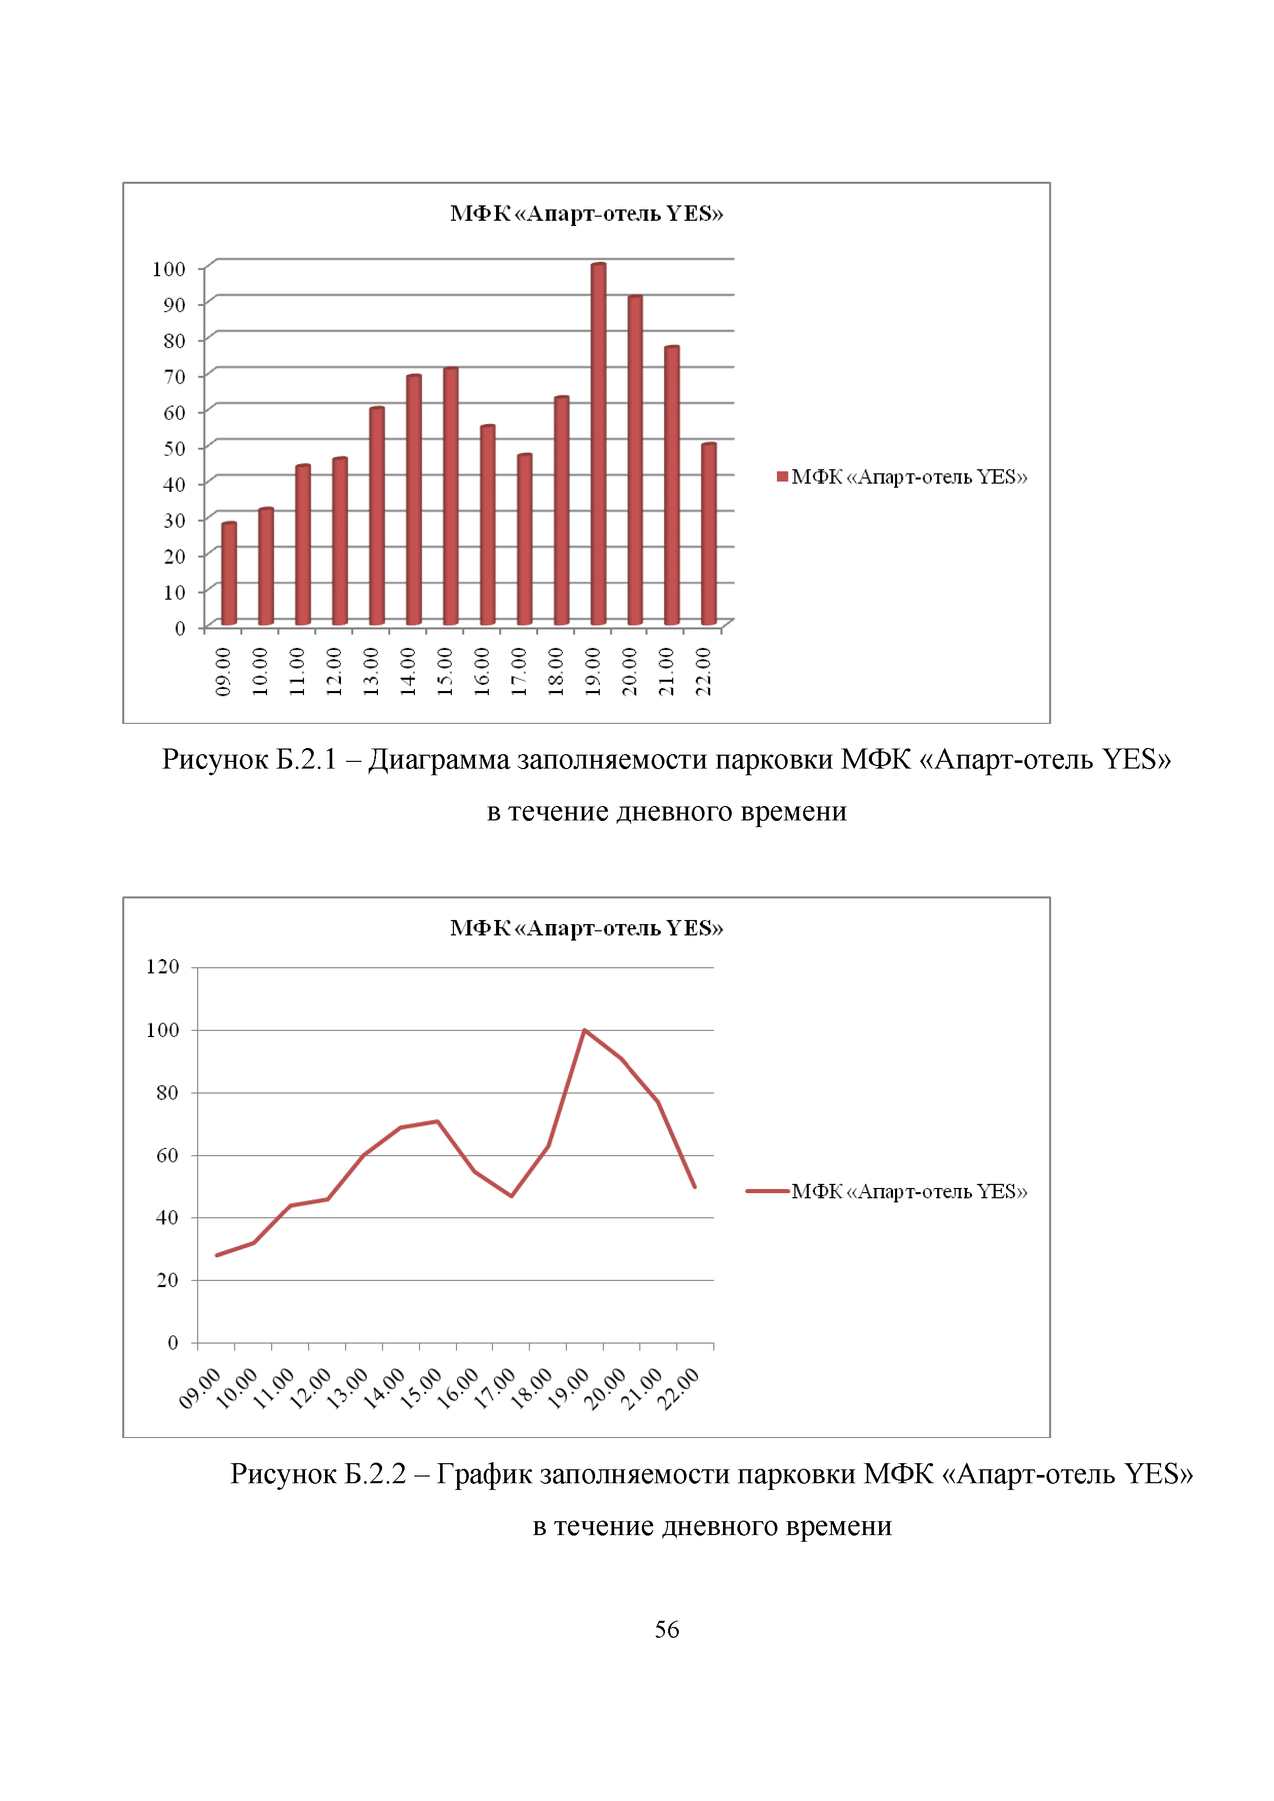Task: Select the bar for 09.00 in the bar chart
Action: tap(229, 573)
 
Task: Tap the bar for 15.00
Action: tap(450, 496)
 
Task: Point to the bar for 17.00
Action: tap(524, 540)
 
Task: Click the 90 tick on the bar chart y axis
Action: tap(174, 304)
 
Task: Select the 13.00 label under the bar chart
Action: tap(370, 672)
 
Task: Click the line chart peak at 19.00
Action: tap(584, 1030)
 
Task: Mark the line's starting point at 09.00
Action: tap(217, 1255)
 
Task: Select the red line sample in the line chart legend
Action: tap(767, 1191)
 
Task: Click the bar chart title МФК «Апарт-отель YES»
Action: tap(586, 214)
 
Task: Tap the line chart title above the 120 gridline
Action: tap(586, 928)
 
